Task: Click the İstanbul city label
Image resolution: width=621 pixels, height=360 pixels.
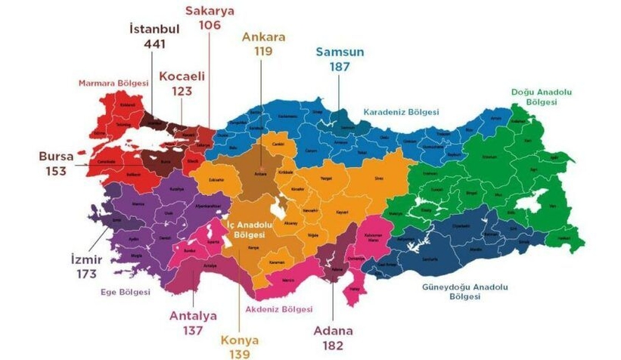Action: click(x=154, y=29)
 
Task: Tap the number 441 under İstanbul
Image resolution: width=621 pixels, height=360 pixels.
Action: click(x=154, y=44)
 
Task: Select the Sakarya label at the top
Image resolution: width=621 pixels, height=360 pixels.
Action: click(x=210, y=10)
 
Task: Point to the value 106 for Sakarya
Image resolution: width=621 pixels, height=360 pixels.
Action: click(x=210, y=25)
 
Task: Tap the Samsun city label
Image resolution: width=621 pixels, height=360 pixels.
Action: click(x=340, y=51)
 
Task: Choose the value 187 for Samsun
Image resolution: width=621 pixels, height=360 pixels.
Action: click(x=340, y=67)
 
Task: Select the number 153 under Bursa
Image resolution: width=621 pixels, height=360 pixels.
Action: click(x=57, y=171)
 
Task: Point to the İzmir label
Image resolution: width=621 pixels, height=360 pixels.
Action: click(x=86, y=259)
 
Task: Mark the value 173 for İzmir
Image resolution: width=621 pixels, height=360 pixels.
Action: click(x=86, y=274)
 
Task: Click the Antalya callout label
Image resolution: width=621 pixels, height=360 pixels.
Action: click(x=193, y=315)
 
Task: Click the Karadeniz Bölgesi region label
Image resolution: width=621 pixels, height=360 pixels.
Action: click(x=402, y=112)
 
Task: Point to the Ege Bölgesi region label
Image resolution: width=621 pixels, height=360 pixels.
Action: click(x=126, y=292)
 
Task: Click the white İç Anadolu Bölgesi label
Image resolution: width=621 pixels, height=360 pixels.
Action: click(x=253, y=229)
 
